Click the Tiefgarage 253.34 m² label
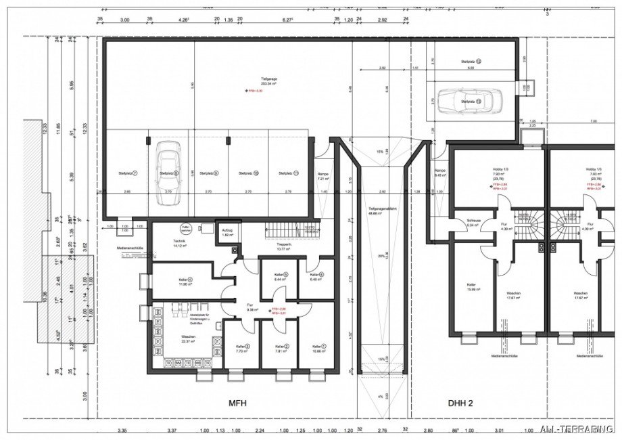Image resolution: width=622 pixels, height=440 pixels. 254,82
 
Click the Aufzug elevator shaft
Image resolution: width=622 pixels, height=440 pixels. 228,232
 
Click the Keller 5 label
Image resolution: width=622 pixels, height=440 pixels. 281,276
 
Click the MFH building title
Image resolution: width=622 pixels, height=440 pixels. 238,403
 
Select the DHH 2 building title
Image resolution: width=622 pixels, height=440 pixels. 460,403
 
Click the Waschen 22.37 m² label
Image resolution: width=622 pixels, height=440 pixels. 187,339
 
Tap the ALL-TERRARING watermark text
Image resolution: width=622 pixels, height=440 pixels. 579,428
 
